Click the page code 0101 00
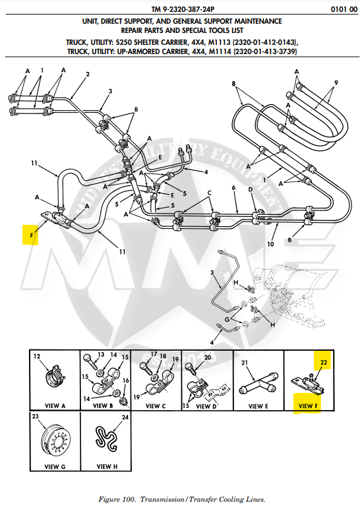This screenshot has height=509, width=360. [338, 10]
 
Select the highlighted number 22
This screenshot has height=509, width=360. [324, 362]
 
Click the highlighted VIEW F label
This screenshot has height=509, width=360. [308, 405]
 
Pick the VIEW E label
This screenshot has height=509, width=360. [257, 406]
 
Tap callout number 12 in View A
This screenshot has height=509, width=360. [37, 357]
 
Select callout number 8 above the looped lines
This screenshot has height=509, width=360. [233, 83]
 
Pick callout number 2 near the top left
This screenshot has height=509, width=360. [87, 74]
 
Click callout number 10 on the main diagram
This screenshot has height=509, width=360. [270, 243]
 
